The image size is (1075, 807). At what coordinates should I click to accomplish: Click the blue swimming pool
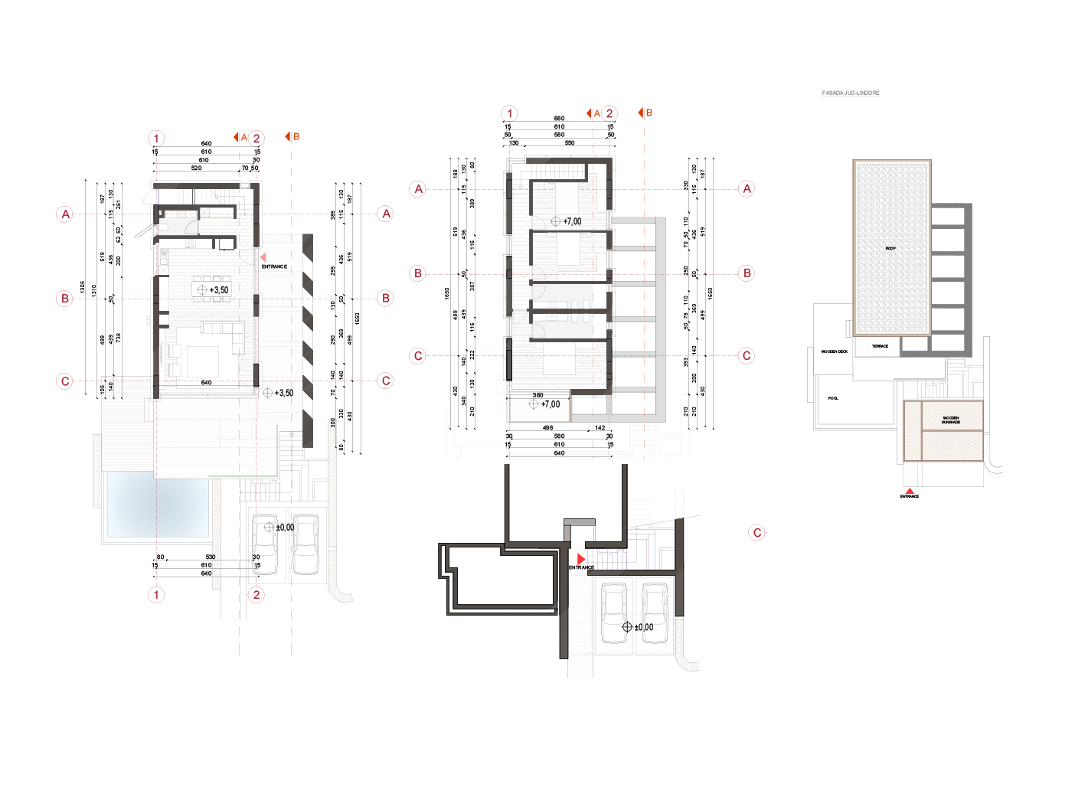[157, 505]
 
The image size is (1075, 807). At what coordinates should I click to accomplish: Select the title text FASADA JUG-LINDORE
[851, 93]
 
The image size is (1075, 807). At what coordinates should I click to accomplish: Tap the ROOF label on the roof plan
[890, 248]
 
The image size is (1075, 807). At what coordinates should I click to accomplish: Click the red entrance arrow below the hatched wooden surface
[909, 491]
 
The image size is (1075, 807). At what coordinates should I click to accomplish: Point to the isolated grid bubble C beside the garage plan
[756, 532]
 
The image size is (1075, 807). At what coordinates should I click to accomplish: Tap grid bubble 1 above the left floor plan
[156, 139]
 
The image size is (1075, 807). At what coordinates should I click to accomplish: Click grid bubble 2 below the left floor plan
[256, 594]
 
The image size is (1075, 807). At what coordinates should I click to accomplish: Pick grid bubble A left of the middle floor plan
[418, 188]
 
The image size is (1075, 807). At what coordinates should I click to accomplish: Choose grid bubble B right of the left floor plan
[386, 298]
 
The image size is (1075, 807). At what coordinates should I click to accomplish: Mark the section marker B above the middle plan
[645, 113]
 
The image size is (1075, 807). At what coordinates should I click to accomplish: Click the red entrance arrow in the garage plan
[581, 559]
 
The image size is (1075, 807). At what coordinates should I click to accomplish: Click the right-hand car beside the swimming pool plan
[306, 544]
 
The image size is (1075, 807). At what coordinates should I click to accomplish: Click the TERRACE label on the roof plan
[881, 346]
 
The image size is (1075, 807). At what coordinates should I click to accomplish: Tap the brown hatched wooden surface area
[943, 431]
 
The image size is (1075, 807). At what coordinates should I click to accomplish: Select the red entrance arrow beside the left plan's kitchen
[263, 257]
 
